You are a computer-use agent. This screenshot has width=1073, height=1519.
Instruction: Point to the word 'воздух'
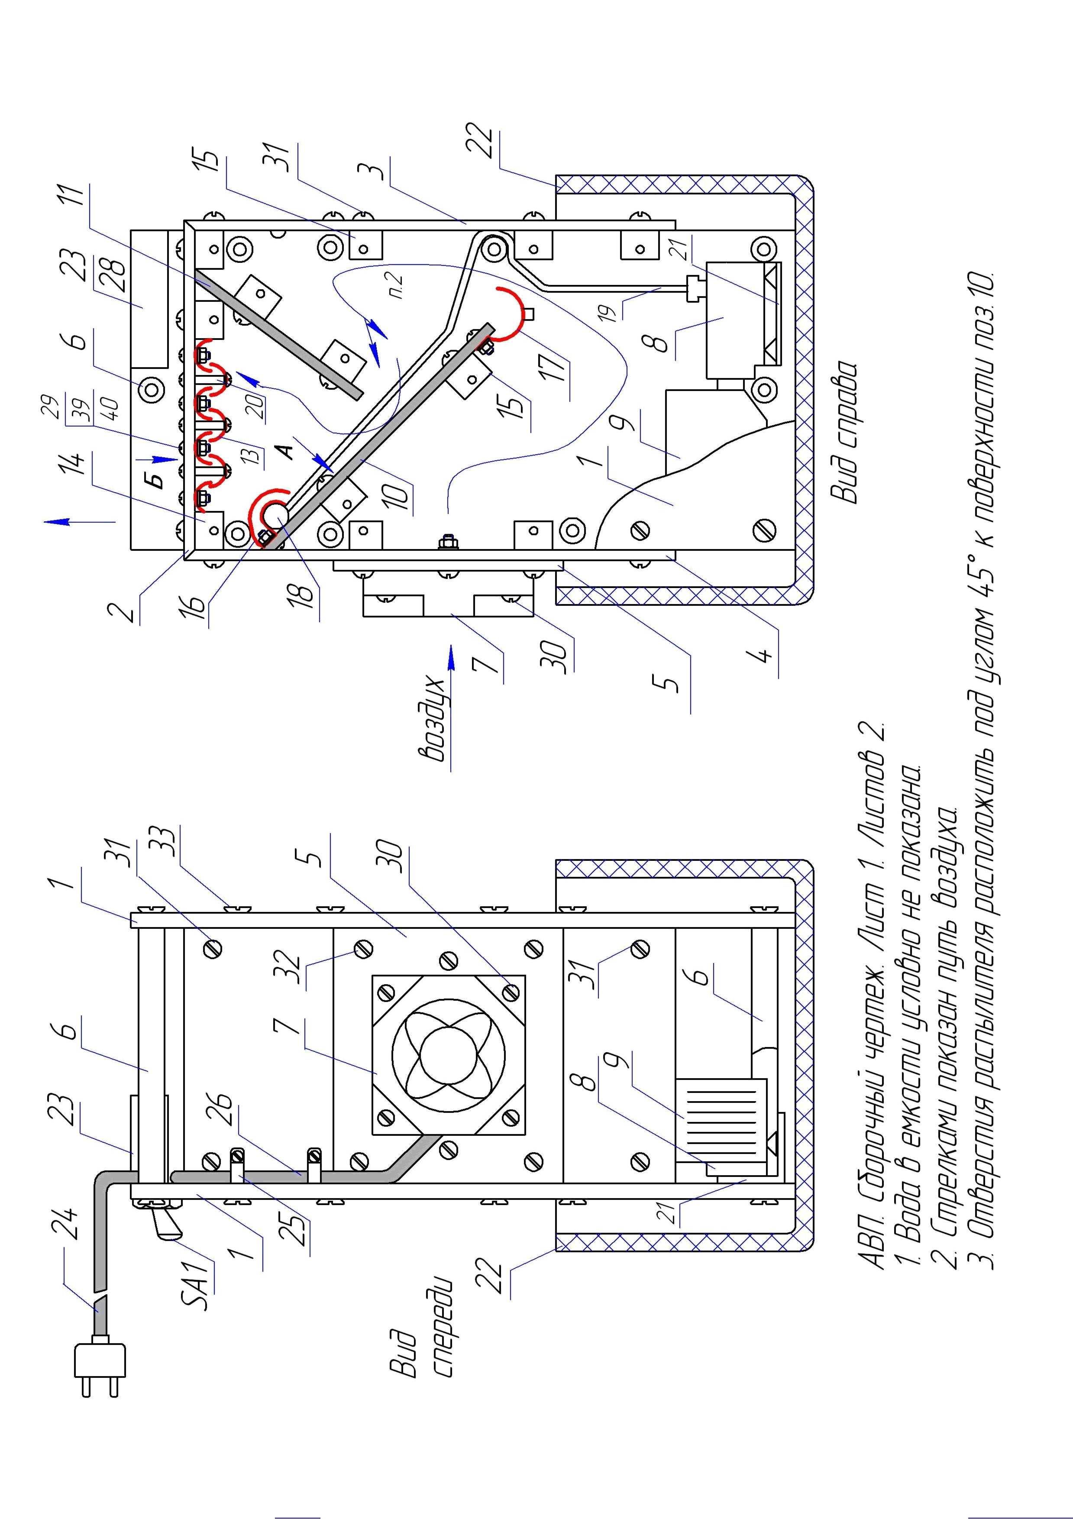point(432,721)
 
